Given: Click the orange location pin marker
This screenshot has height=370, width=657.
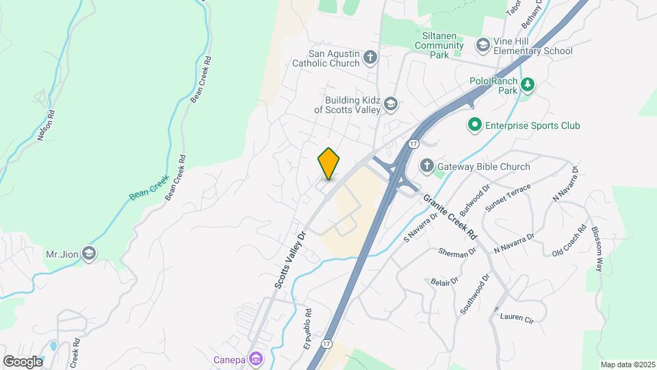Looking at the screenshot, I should [328, 164].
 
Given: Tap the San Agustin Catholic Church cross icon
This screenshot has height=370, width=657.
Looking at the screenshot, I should [370, 57].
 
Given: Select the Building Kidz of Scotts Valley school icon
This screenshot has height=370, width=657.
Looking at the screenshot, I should [391, 103].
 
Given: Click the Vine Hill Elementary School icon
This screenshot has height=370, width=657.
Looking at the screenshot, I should [483, 45].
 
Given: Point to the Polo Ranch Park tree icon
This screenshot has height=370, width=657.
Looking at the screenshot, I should [527, 85].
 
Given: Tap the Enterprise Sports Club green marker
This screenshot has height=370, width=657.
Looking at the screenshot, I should [474, 125].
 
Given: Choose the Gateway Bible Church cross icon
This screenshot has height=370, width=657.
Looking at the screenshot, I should [426, 166].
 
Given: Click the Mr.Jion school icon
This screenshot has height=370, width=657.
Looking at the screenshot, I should [88, 254].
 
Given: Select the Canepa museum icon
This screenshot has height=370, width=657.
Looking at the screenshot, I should [255, 358].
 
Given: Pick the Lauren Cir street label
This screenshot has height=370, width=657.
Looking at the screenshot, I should [516, 317].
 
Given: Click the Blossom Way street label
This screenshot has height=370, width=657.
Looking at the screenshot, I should [597, 249].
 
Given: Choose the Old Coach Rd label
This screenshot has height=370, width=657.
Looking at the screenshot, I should [569, 241].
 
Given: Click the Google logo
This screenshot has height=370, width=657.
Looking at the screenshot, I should [23, 361].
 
